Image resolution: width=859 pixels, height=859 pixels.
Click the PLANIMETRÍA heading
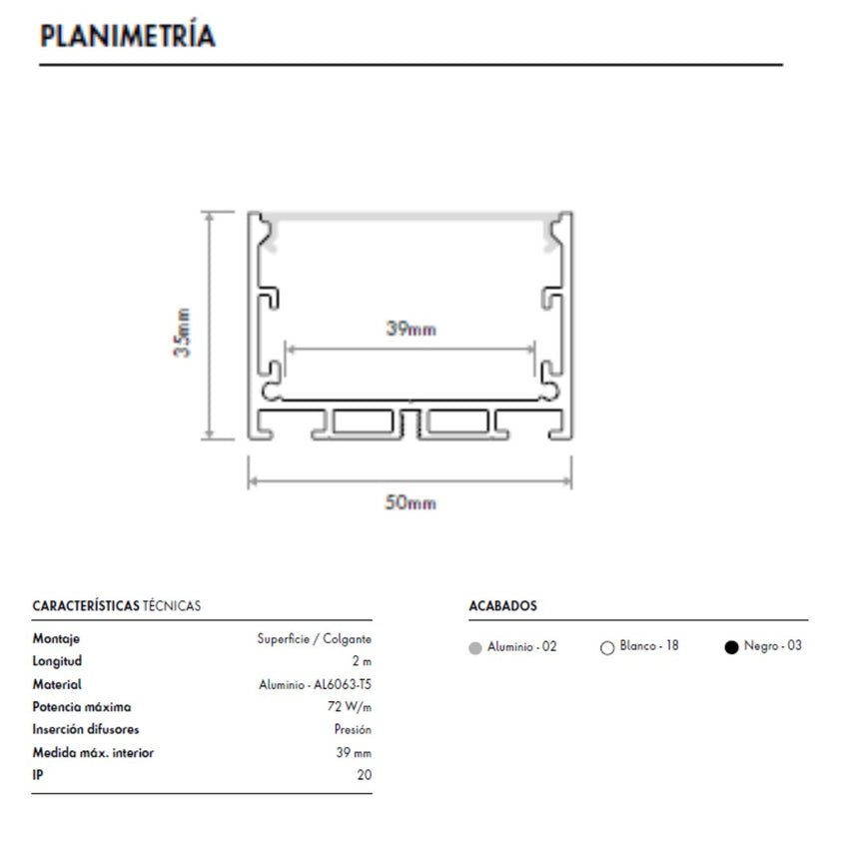coord(128,35)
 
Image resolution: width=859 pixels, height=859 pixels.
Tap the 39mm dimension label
coord(411,329)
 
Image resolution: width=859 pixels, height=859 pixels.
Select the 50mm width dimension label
coord(411,502)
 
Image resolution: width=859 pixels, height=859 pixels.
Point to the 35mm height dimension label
coord(182,333)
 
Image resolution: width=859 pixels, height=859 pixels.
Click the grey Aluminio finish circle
coord(475,648)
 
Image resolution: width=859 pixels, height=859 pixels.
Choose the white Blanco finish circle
coord(607,648)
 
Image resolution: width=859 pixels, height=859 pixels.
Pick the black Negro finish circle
coord(731,647)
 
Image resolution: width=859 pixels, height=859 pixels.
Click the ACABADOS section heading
coord(502,606)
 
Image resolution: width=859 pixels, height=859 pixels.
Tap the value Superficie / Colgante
coord(315,639)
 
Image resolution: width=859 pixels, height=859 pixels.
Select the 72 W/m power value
coord(350,707)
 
